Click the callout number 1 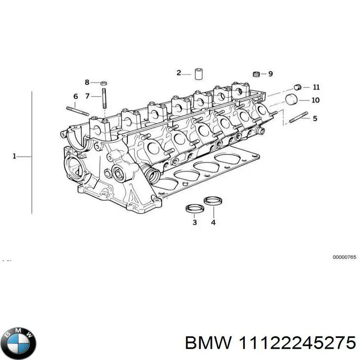coord(14,156)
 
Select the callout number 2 coord(179,73)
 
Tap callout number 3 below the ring coord(194,222)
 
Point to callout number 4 coord(213,222)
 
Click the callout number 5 coord(315,118)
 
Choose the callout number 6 coord(76,96)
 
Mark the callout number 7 coord(87,95)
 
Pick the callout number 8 coord(87,82)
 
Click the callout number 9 coord(270,74)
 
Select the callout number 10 coord(315,100)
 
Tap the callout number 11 coord(316,87)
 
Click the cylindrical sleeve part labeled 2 coord(199,74)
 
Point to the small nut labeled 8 coord(103,82)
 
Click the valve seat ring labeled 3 coord(194,209)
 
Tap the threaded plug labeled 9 coord(256,74)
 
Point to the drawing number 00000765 coord(344,257)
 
